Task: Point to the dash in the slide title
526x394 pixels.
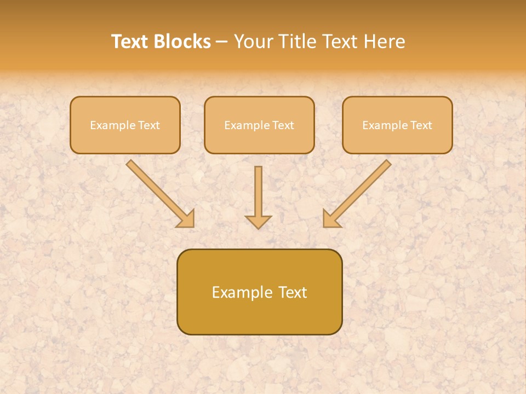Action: [222, 42]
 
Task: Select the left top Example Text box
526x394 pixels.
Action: [125, 125]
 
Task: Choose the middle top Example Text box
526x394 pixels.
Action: [259, 125]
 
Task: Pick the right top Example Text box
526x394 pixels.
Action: [397, 125]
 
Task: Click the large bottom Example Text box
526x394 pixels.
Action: [259, 292]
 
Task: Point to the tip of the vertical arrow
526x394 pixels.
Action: [258, 227]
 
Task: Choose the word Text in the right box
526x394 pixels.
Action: [421, 125]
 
